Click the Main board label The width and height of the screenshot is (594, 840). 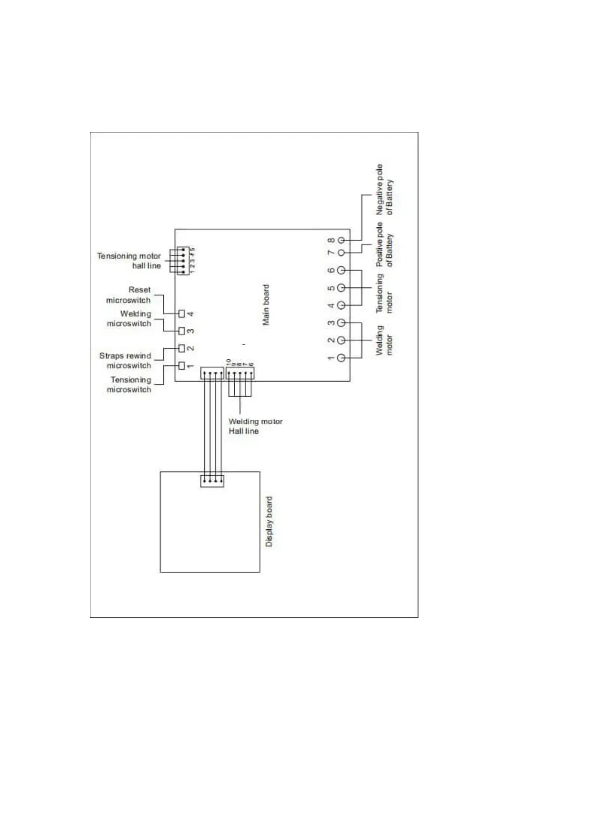click(x=266, y=305)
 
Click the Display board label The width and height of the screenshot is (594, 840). click(x=269, y=521)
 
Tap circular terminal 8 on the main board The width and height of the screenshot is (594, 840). click(x=341, y=240)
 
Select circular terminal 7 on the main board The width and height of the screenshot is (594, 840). click(x=341, y=253)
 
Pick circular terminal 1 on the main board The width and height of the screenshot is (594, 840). click(x=341, y=358)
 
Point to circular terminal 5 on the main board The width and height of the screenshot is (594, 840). click(x=341, y=288)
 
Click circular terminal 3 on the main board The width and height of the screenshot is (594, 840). click(x=341, y=323)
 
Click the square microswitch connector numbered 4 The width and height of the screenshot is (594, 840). click(x=182, y=313)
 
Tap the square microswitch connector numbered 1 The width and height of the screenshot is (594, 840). click(x=182, y=366)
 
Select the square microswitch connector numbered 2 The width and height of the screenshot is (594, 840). click(x=182, y=348)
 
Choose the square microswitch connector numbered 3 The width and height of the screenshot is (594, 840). click(x=182, y=331)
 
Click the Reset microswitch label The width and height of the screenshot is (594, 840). click(x=129, y=295)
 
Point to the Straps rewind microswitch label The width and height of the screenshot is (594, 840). click(x=125, y=360)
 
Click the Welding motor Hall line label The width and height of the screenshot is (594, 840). click(x=255, y=426)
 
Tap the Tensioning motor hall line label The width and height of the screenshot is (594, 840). click(x=129, y=261)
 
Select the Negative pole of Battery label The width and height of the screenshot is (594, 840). click(x=384, y=190)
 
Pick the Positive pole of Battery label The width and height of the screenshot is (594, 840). click(x=384, y=245)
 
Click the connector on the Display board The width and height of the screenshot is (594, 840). click(x=212, y=481)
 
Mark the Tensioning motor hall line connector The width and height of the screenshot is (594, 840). click(x=183, y=260)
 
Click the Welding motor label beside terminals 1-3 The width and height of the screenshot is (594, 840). click(x=384, y=340)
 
